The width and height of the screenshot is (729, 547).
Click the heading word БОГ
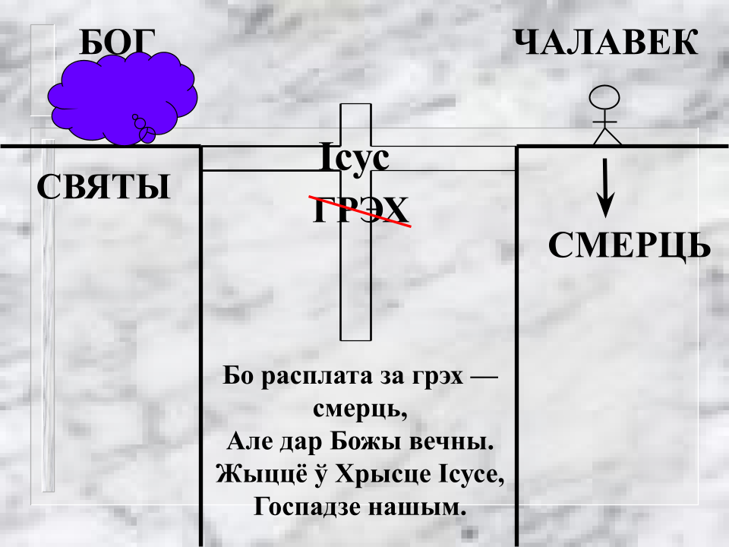pos(117,42)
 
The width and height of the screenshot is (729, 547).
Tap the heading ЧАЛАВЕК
pos(606,42)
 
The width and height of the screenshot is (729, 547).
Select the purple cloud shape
pos(123,98)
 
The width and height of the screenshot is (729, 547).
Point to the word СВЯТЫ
pos(103,187)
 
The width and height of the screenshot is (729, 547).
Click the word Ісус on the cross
pos(355,158)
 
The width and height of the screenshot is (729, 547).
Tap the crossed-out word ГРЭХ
pos(360,210)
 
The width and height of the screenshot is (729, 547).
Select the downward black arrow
pos(605,188)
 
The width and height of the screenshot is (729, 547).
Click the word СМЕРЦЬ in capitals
pos(630,245)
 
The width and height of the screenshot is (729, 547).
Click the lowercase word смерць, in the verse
pos(360,409)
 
